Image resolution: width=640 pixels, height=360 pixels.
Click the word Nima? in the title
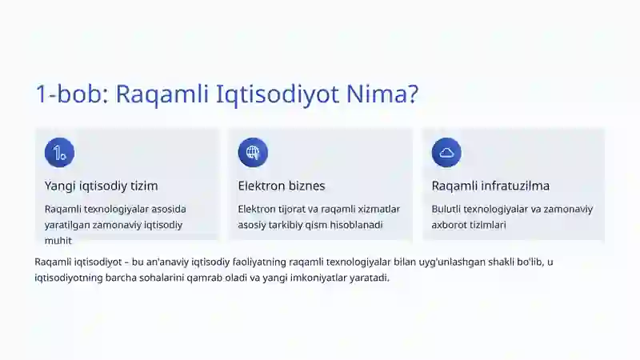tap(382, 94)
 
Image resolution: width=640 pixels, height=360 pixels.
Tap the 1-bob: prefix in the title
tap(72, 94)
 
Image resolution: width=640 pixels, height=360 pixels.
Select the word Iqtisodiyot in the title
tap(277, 94)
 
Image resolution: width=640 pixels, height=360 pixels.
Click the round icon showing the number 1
tap(59, 153)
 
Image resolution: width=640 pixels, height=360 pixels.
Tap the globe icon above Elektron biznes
tap(253, 153)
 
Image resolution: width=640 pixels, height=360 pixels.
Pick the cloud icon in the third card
tap(446, 153)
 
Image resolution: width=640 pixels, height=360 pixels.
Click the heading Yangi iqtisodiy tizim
tap(102, 186)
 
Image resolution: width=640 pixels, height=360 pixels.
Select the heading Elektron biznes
tap(282, 186)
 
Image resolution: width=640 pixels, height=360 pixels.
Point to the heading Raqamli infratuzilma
tap(490, 186)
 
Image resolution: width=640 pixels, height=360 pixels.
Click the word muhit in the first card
tap(58, 241)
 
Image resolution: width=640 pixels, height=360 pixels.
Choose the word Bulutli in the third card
tap(446, 209)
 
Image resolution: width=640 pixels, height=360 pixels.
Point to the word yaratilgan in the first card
tap(67, 226)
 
